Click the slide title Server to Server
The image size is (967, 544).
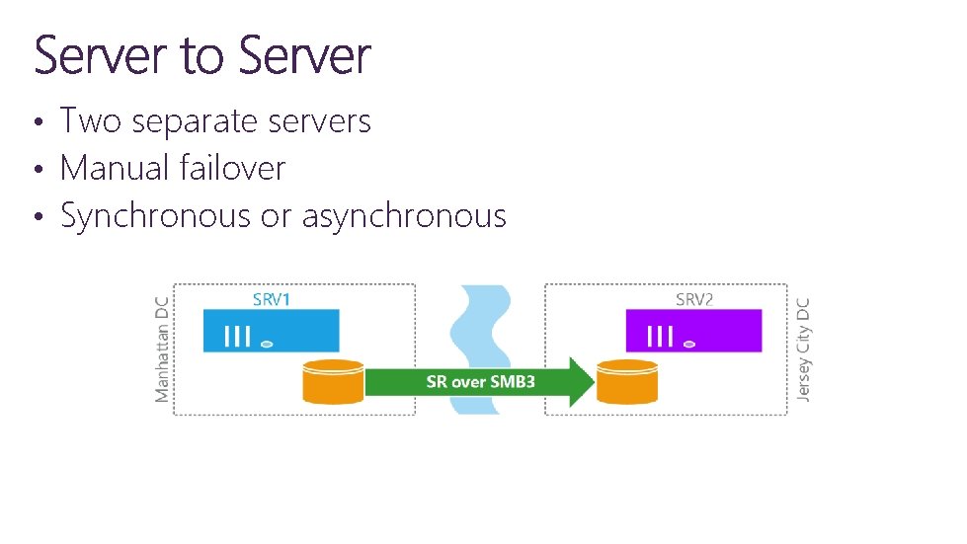202,55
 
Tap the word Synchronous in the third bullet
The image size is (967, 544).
155,216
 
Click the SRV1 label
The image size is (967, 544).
272,299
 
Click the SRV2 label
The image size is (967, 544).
693,299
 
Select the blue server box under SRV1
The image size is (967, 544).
271,331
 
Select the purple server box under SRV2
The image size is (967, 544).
693,331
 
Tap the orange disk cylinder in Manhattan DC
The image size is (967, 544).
333,382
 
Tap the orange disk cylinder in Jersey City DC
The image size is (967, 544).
627,382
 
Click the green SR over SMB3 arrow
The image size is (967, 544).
480,381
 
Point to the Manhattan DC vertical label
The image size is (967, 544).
162,350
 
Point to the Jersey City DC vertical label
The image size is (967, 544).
803,350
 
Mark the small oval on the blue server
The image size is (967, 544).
266,344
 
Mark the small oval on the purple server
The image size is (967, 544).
688,344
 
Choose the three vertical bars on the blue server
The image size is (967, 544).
238,337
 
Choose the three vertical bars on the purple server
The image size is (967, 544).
660,337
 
